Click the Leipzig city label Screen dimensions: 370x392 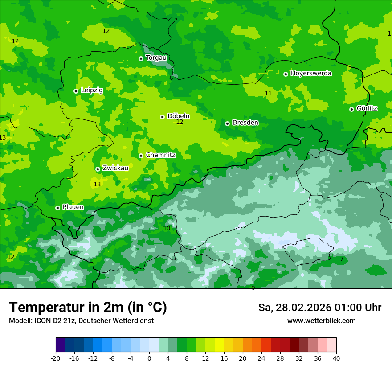92,90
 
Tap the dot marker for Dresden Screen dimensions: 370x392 227,123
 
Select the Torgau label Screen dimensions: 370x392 156,58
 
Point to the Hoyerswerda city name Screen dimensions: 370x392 311,73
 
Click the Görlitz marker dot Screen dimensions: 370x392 351,109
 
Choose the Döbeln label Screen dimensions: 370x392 178,116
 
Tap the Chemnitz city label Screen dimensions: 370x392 160,155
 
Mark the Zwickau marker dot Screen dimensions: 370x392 98,169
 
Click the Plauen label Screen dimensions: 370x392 73,207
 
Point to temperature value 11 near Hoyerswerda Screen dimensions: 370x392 268,93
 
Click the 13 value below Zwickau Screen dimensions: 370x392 97,184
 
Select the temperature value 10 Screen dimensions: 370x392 167,228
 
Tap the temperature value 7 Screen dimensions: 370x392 342,259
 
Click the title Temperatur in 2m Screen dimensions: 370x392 88,308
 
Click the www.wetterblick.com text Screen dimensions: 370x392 321,321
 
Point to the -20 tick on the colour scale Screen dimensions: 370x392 56,358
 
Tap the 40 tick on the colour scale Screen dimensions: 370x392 336,358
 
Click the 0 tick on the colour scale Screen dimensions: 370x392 149,358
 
